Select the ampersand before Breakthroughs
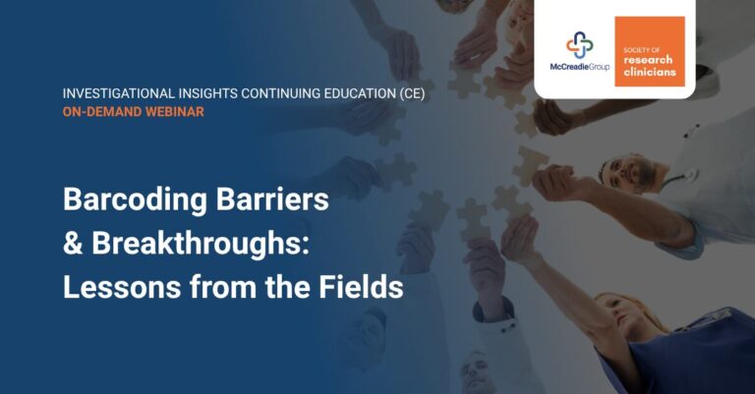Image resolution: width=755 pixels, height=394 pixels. [74, 244]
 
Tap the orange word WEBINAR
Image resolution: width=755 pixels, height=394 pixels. [176, 112]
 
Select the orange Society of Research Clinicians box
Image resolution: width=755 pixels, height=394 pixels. [650, 51]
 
